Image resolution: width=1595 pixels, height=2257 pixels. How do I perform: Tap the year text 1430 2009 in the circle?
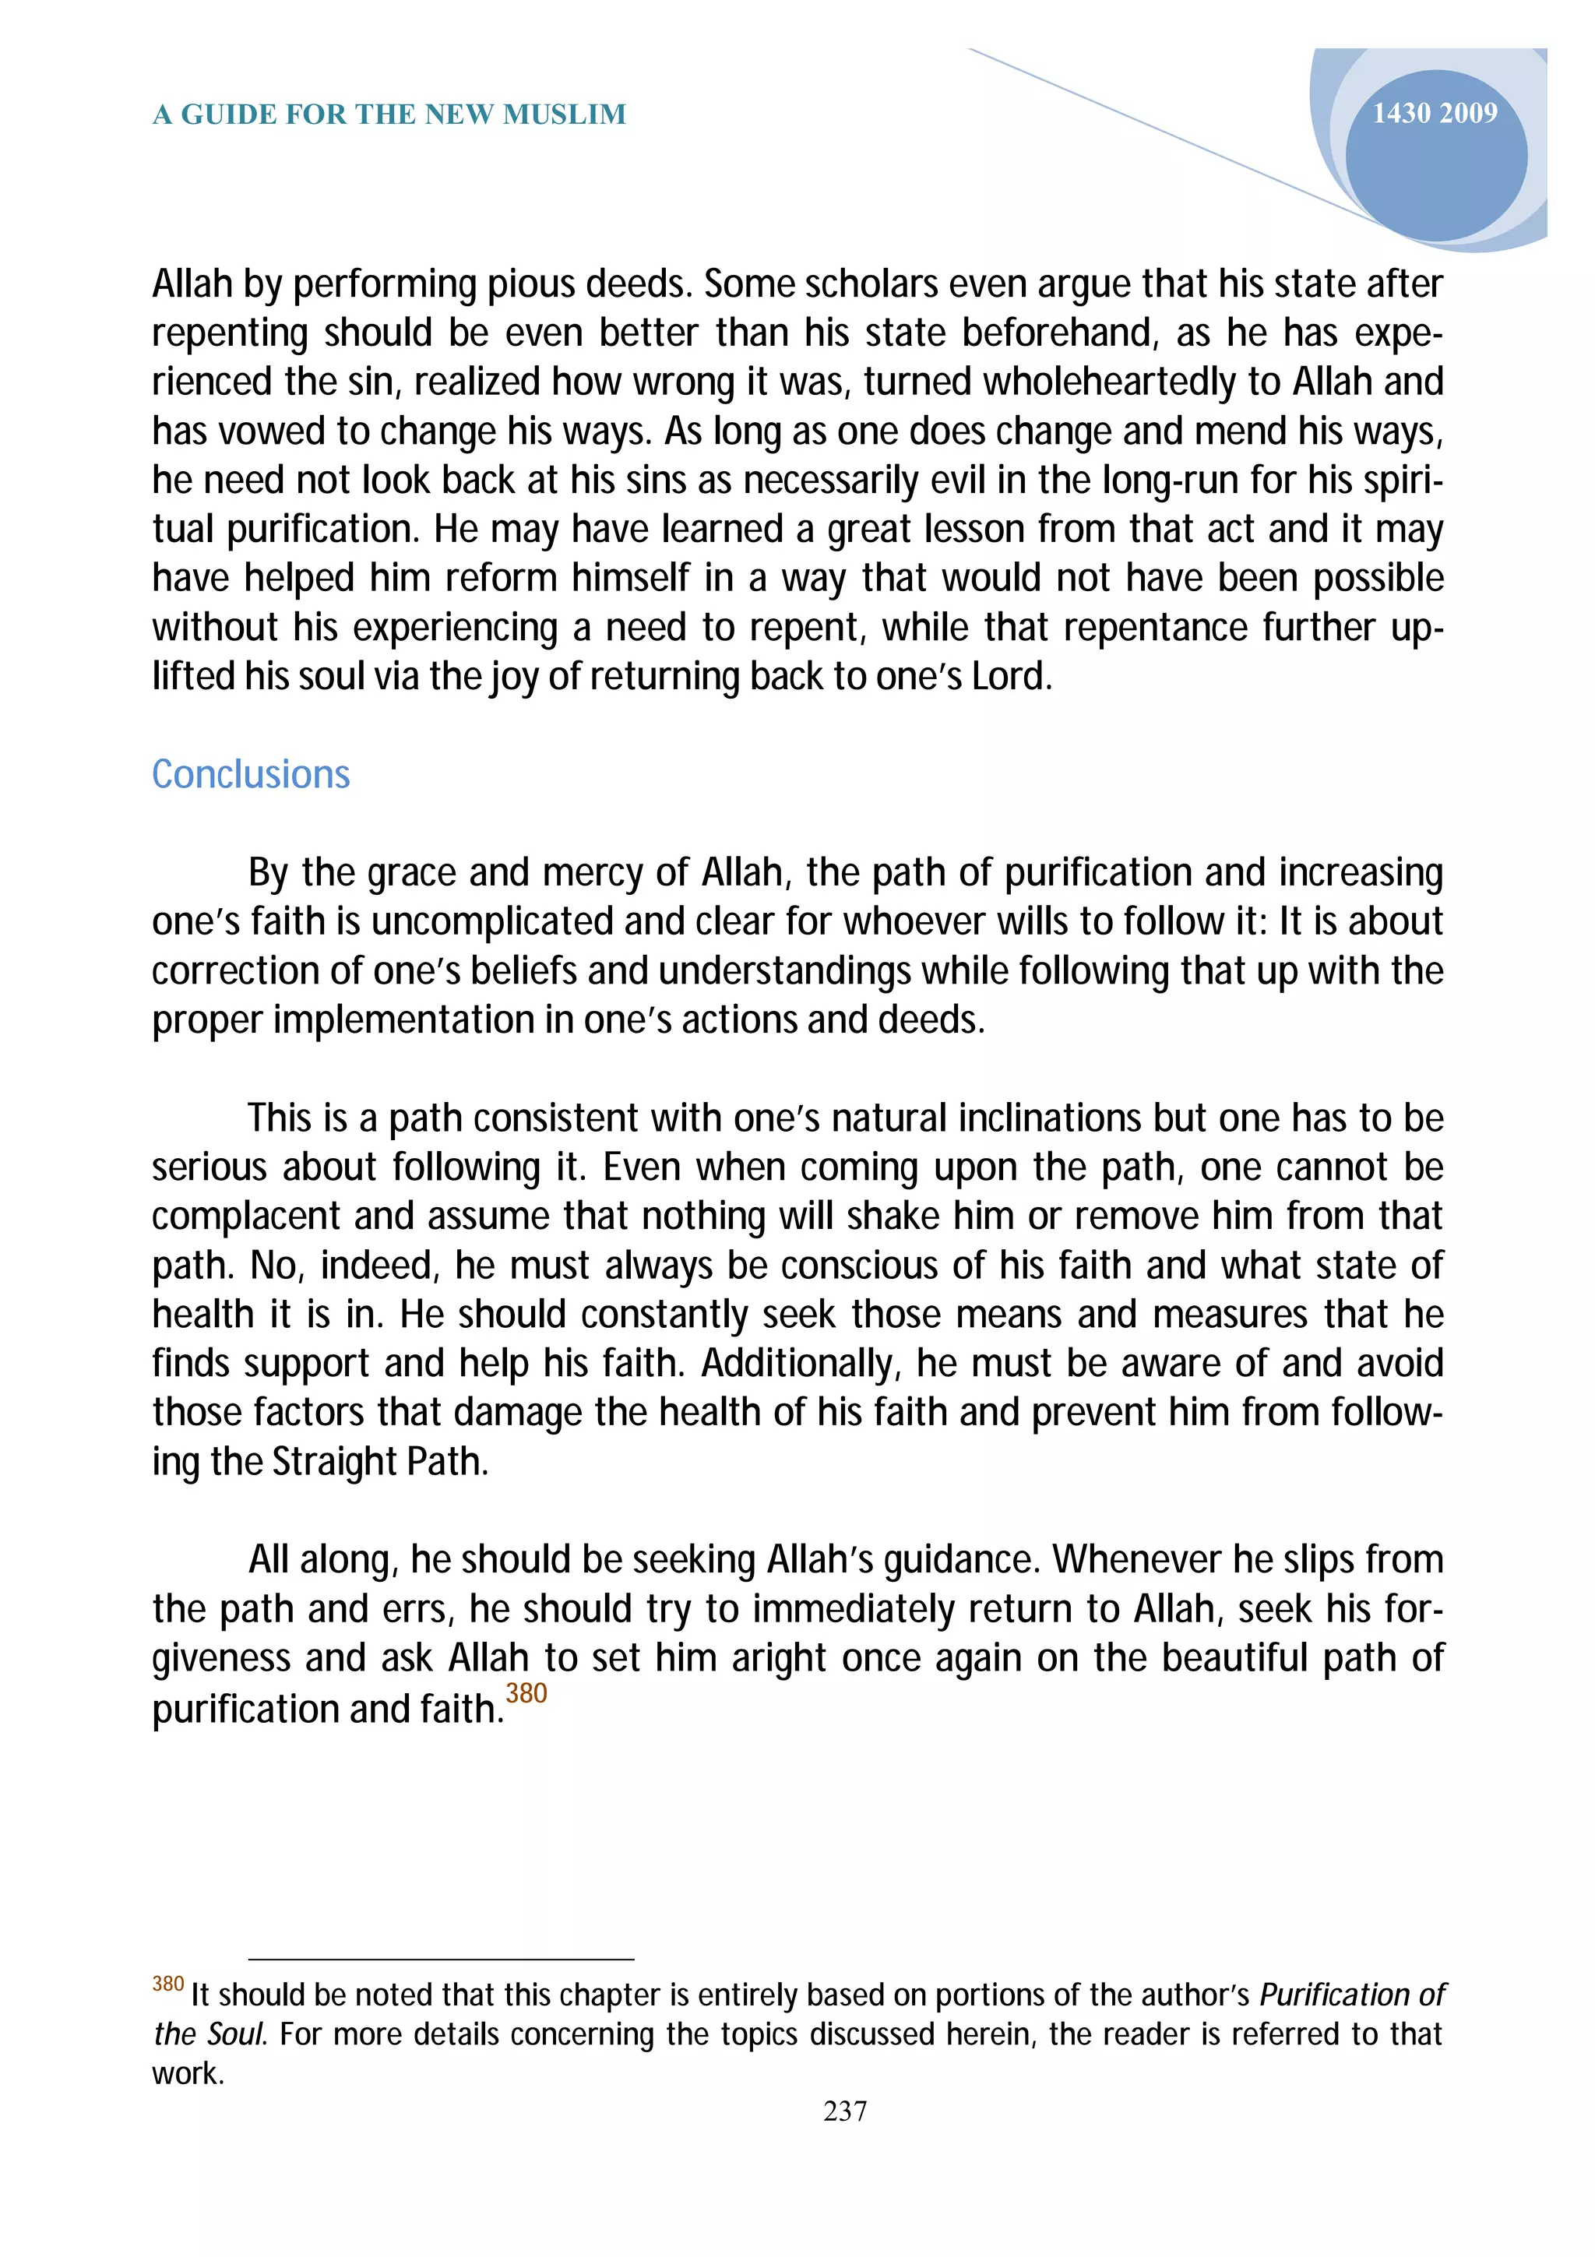point(1434,113)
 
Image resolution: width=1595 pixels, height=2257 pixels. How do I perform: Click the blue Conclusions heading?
point(251,775)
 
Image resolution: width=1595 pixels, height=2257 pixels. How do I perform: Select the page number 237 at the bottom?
point(844,2111)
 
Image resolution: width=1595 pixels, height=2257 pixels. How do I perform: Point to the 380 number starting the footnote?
point(168,1983)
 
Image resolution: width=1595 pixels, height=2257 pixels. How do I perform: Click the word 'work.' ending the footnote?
point(188,2073)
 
